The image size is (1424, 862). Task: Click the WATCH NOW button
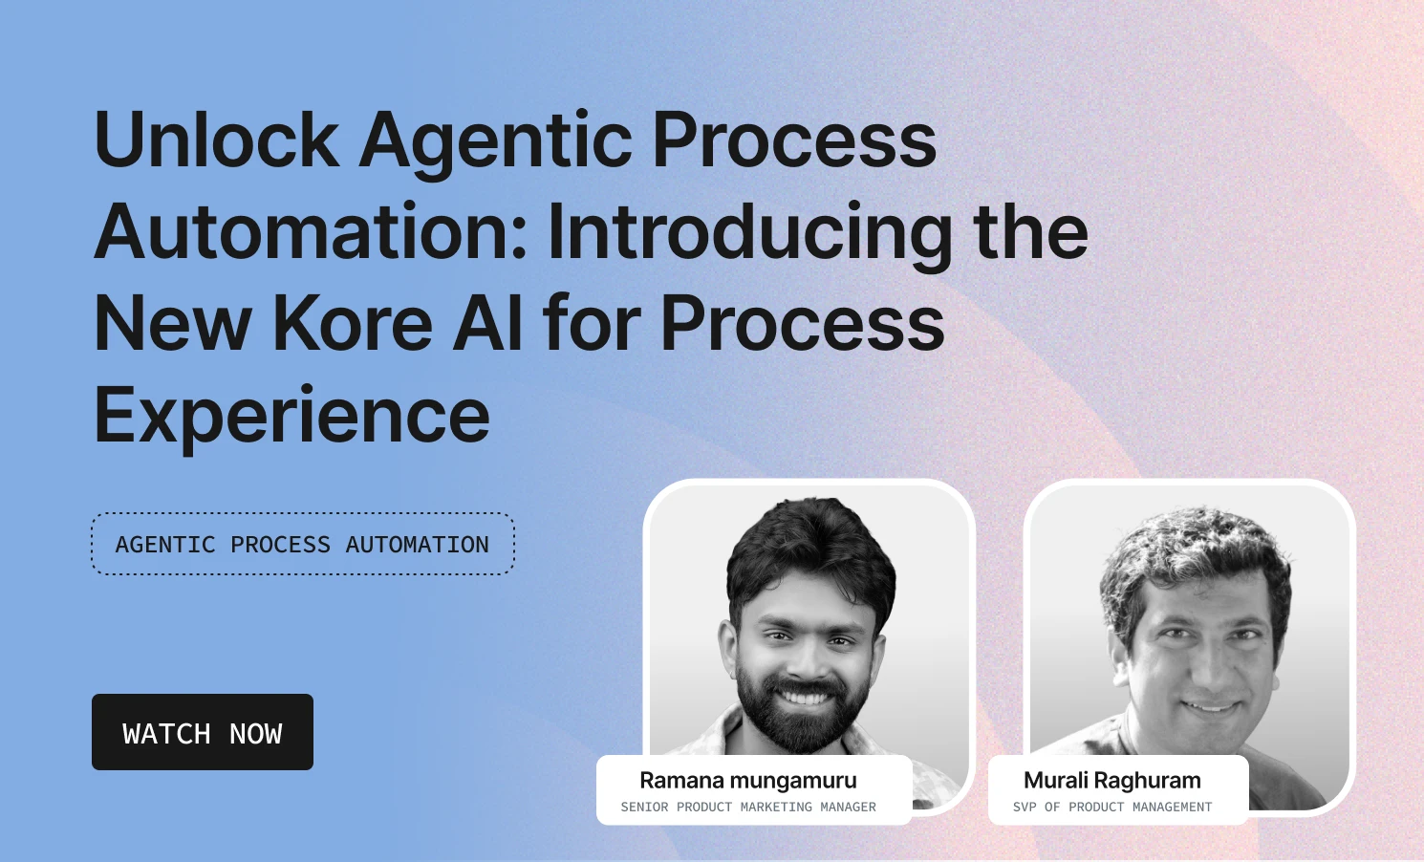[x=203, y=732]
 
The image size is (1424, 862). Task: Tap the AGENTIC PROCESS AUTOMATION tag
[x=302, y=545]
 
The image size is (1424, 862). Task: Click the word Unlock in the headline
[x=216, y=140]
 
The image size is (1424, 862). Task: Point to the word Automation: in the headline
[x=311, y=232]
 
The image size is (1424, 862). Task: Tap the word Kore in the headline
[x=353, y=323]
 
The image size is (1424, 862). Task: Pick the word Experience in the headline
[x=291, y=417]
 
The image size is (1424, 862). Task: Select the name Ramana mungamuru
[x=747, y=781]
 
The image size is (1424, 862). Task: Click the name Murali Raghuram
[x=1111, y=781]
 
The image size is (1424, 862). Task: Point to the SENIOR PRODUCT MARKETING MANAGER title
[x=747, y=808]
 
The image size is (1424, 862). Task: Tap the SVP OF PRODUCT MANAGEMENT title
[x=1111, y=808]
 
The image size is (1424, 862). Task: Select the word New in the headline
[x=172, y=323]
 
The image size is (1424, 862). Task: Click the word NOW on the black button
[x=255, y=734]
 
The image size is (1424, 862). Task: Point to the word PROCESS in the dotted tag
[x=280, y=545]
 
